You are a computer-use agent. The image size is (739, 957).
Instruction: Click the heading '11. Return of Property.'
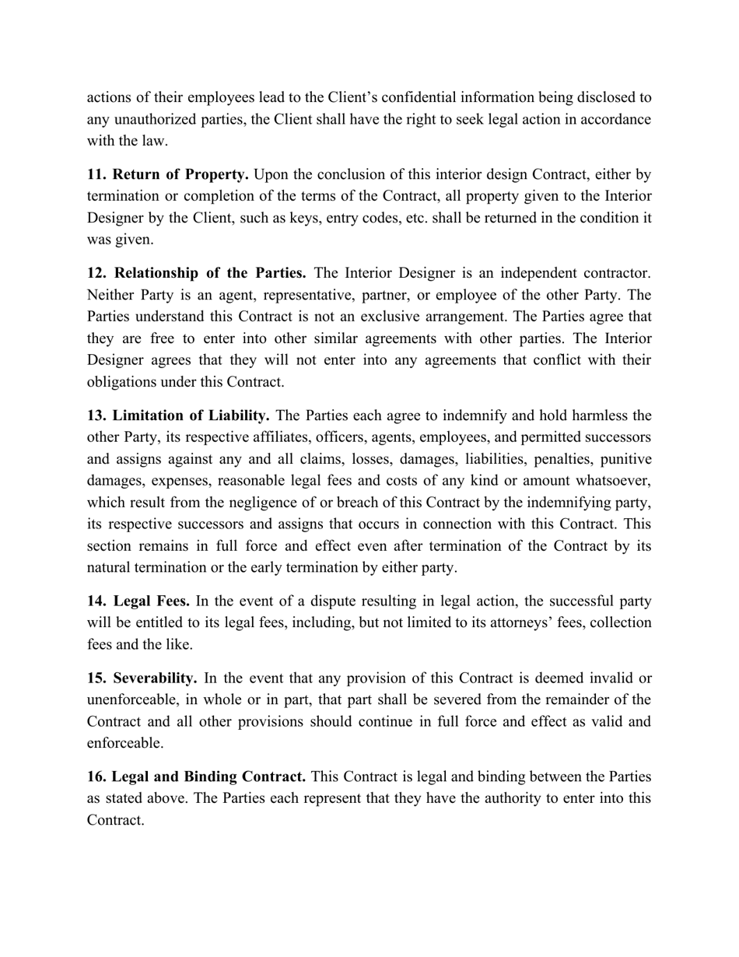pyautogui.click(x=167, y=174)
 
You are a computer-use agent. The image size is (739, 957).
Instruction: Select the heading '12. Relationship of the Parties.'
pyautogui.click(x=196, y=273)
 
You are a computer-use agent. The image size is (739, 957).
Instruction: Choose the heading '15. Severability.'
pyautogui.click(x=142, y=678)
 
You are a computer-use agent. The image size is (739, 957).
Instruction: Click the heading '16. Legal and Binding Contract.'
pyautogui.click(x=196, y=776)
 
